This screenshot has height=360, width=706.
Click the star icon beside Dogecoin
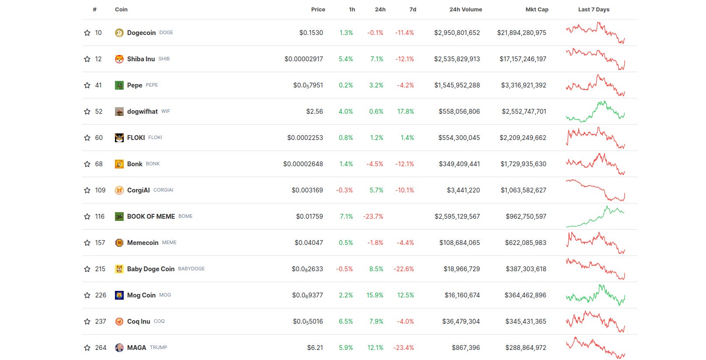(x=87, y=33)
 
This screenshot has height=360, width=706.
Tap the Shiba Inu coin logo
(x=119, y=59)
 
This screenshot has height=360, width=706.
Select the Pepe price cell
(x=308, y=85)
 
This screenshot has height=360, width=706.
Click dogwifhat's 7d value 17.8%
(x=405, y=112)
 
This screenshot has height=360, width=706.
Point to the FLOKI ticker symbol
(x=155, y=137)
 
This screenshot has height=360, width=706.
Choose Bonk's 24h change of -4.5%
(x=375, y=164)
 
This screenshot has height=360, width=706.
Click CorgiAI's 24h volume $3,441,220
(x=463, y=190)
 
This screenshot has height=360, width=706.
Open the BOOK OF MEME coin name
(x=151, y=217)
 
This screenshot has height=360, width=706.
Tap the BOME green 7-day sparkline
(x=595, y=217)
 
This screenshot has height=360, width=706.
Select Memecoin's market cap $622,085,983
(x=525, y=243)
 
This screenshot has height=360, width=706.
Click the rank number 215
(x=100, y=269)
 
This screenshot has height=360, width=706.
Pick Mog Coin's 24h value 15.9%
(x=375, y=295)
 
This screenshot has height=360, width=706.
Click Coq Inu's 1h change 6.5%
(x=345, y=322)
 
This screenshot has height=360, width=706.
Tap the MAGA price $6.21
(x=315, y=348)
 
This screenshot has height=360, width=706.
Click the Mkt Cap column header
(x=536, y=9)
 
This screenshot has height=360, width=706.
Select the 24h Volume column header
(x=466, y=9)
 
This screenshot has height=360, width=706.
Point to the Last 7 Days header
(x=593, y=9)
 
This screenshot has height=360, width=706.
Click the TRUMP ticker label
(x=158, y=347)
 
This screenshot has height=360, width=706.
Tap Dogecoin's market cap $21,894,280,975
(x=521, y=33)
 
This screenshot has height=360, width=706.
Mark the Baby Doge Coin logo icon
(x=119, y=269)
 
